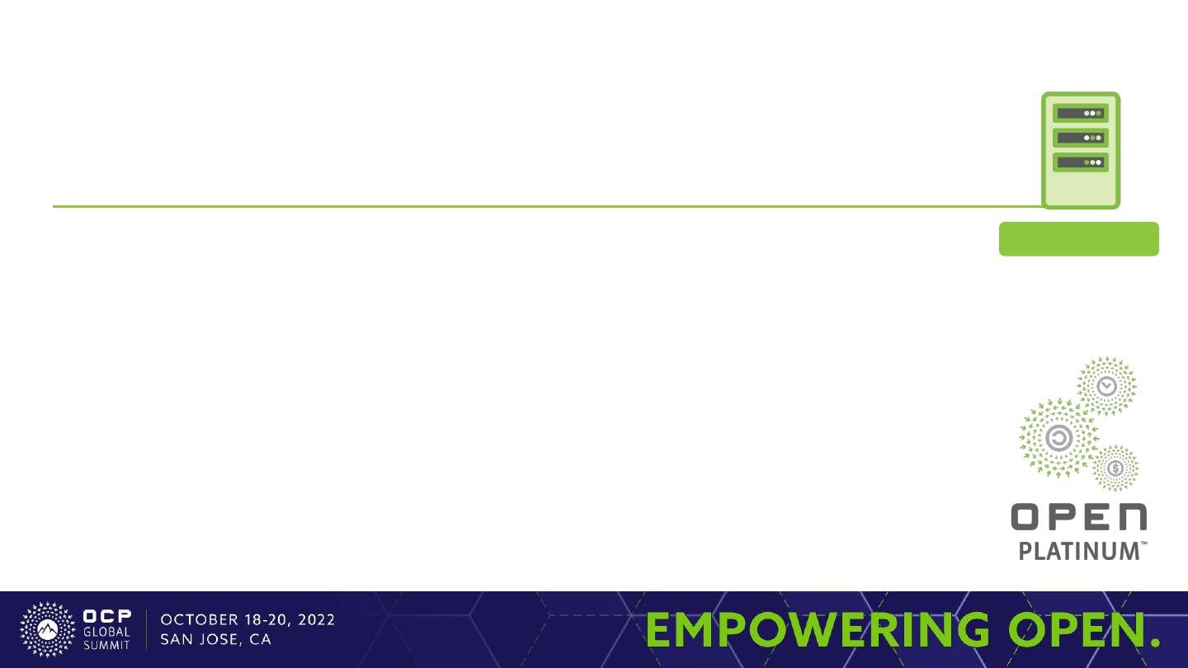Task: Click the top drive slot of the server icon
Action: click(1081, 114)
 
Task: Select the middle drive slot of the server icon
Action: click(1081, 138)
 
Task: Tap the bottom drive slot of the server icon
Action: click(1081, 162)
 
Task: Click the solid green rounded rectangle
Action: click(1079, 239)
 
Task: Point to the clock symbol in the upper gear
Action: click(1107, 387)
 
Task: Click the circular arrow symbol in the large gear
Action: click(1059, 439)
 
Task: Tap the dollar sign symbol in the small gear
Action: click(1115, 468)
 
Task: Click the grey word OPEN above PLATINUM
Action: click(1079, 517)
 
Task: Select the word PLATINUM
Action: click(1079, 552)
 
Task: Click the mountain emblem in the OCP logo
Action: click(48, 630)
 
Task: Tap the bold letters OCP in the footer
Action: click(107, 616)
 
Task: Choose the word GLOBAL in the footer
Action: click(106, 632)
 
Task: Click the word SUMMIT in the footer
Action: click(106, 645)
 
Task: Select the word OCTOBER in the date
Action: click(200, 620)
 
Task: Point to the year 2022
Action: click(316, 620)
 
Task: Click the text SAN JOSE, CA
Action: click(216, 639)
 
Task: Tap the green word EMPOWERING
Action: click(818, 629)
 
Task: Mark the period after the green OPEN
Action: click(1155, 642)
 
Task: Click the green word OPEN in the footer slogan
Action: click(1077, 629)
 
